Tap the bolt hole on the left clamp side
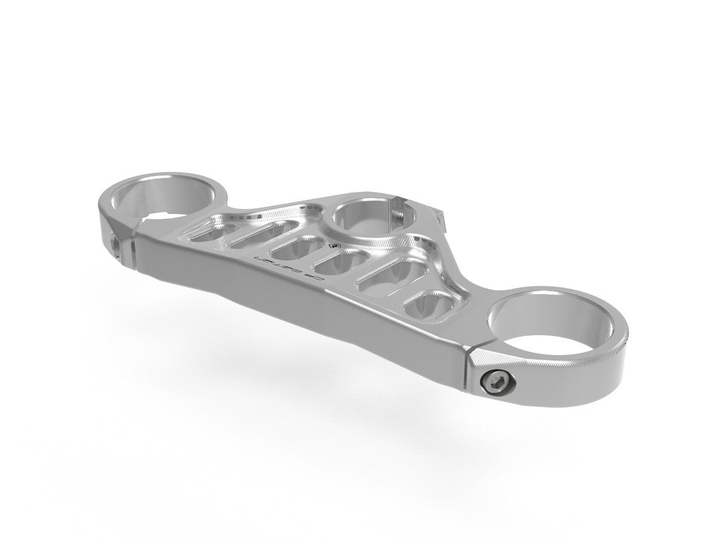(116, 243)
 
